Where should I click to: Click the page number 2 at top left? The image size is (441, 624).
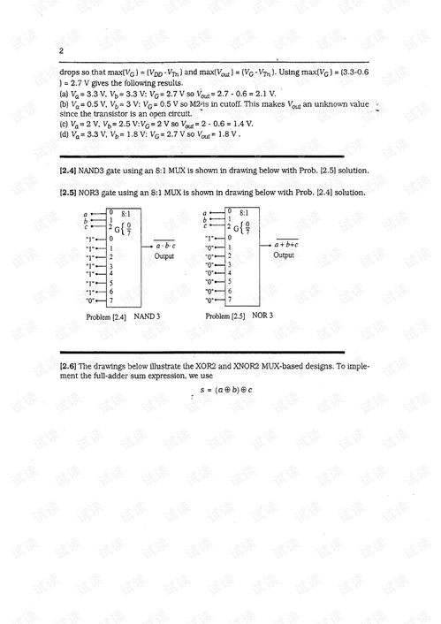tap(61, 50)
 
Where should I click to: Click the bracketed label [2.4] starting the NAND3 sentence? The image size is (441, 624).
tap(70, 170)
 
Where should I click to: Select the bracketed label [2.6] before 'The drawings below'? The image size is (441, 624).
tap(70, 365)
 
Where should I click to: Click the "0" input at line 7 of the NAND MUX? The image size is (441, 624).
tap(89, 301)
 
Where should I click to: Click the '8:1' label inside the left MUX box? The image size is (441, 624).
tap(126, 213)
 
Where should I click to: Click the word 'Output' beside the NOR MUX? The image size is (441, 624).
tap(284, 255)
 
